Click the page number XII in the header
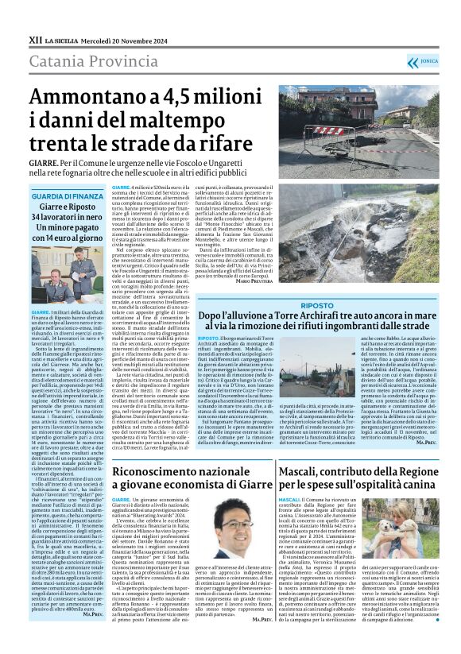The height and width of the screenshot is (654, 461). (x=34, y=38)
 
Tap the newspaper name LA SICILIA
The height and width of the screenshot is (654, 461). (x=62, y=39)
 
